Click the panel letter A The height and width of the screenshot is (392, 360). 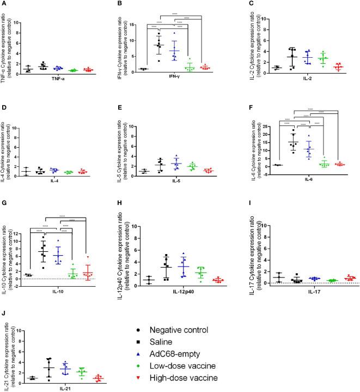[x=4, y=4]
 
